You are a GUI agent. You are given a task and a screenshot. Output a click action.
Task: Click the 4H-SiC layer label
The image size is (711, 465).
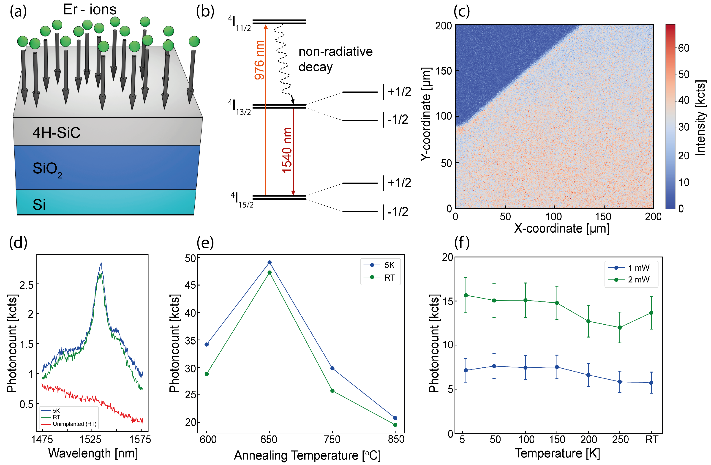click(x=57, y=132)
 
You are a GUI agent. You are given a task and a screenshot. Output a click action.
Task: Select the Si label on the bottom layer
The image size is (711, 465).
click(x=39, y=205)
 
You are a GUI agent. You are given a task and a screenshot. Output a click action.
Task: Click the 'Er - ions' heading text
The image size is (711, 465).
click(x=90, y=10)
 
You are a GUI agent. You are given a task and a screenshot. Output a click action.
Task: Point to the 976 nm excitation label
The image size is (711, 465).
click(x=259, y=60)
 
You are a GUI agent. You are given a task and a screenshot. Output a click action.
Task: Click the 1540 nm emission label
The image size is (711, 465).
click(x=287, y=150)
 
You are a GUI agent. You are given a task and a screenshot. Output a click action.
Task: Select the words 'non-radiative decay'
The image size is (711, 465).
click(x=335, y=59)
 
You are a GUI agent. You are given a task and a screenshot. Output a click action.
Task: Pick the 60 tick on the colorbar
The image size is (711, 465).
click(x=684, y=48)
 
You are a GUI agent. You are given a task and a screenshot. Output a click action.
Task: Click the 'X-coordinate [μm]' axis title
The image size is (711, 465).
click(x=562, y=229)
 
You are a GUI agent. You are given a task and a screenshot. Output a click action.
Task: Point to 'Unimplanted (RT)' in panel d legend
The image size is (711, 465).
click(x=74, y=424)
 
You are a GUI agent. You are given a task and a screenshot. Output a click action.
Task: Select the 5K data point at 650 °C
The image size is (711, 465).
click(x=270, y=262)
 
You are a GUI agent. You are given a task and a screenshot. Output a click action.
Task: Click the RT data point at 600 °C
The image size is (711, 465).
click(x=206, y=374)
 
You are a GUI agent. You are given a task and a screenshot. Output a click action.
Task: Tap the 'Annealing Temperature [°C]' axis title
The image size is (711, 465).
click(x=307, y=455)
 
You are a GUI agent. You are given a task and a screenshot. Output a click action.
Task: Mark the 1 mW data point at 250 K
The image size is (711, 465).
click(x=620, y=382)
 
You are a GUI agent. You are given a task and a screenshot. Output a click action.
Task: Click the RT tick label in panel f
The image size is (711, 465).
click(x=651, y=440)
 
